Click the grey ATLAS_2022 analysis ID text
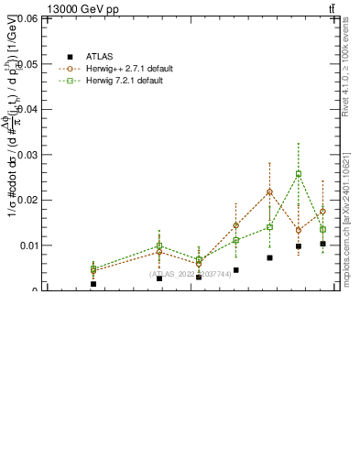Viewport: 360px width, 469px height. point(191,274)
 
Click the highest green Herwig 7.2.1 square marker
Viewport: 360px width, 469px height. point(299,174)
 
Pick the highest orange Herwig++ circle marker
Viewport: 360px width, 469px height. point(269,192)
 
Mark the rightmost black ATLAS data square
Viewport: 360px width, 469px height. point(322,244)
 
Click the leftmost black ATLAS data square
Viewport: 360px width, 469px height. point(93,284)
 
